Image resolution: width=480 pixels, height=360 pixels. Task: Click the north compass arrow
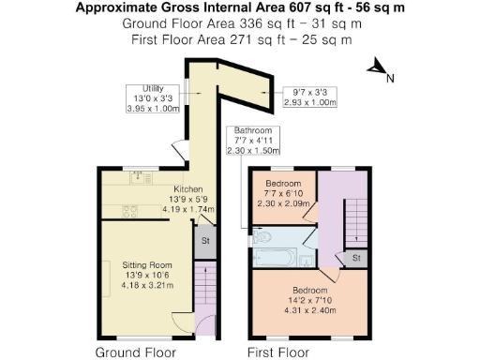(x=375, y=67)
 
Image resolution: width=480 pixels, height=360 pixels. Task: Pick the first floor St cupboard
(x=356, y=257)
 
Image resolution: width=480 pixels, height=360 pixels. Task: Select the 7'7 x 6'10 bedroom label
(x=282, y=192)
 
